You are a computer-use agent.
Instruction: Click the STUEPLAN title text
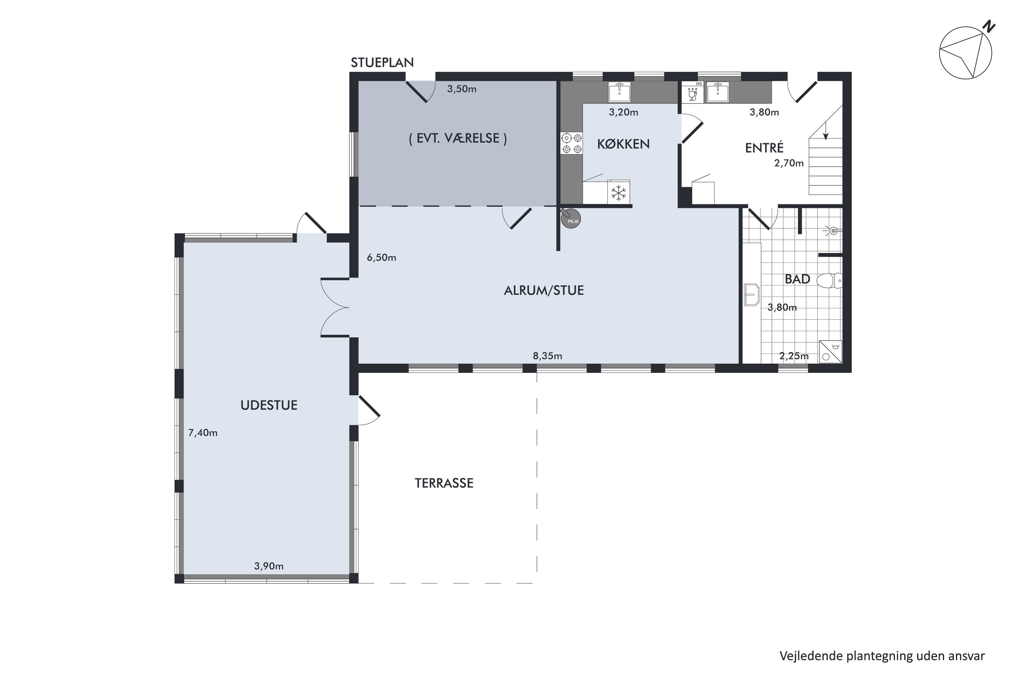click(x=382, y=63)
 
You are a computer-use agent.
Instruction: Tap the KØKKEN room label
click(x=623, y=144)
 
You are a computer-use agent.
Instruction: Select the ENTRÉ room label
click(x=764, y=148)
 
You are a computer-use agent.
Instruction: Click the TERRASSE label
click(x=444, y=483)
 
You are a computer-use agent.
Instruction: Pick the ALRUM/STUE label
click(x=544, y=290)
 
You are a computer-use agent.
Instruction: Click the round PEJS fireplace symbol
click(x=571, y=219)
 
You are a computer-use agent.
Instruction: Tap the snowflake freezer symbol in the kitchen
click(x=618, y=192)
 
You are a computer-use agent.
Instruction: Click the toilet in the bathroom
click(x=829, y=281)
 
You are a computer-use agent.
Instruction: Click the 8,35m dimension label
click(x=547, y=356)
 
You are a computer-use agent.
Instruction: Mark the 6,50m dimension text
click(x=382, y=257)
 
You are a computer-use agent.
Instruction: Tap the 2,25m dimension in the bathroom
click(x=794, y=356)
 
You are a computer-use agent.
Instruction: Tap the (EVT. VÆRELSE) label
click(x=458, y=138)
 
